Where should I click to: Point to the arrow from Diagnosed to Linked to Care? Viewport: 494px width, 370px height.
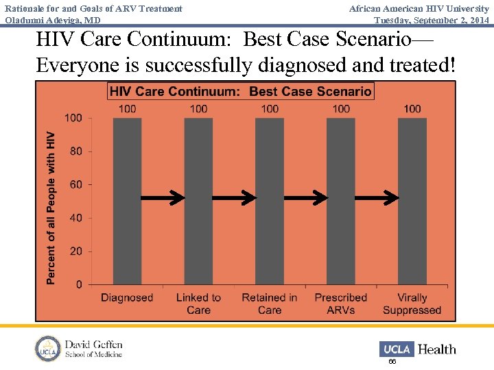(x=163, y=198)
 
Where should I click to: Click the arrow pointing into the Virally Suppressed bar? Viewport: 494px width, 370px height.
(x=377, y=198)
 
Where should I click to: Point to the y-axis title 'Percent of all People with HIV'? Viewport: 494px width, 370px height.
(x=51, y=208)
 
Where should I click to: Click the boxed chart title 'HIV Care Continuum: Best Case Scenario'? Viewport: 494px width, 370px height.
(x=241, y=91)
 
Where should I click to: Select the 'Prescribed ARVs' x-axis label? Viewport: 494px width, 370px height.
(x=341, y=304)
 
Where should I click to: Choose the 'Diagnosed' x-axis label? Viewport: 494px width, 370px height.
(x=127, y=297)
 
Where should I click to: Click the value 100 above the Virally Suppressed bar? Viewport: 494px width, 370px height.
(x=412, y=108)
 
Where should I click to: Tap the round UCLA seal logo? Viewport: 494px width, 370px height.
(x=48, y=349)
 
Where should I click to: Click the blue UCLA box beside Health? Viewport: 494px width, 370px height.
(x=397, y=349)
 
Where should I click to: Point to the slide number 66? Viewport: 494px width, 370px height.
(x=392, y=361)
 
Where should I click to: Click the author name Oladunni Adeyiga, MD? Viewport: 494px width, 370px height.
(x=53, y=20)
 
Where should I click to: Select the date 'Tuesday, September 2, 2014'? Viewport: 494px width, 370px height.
(x=432, y=20)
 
